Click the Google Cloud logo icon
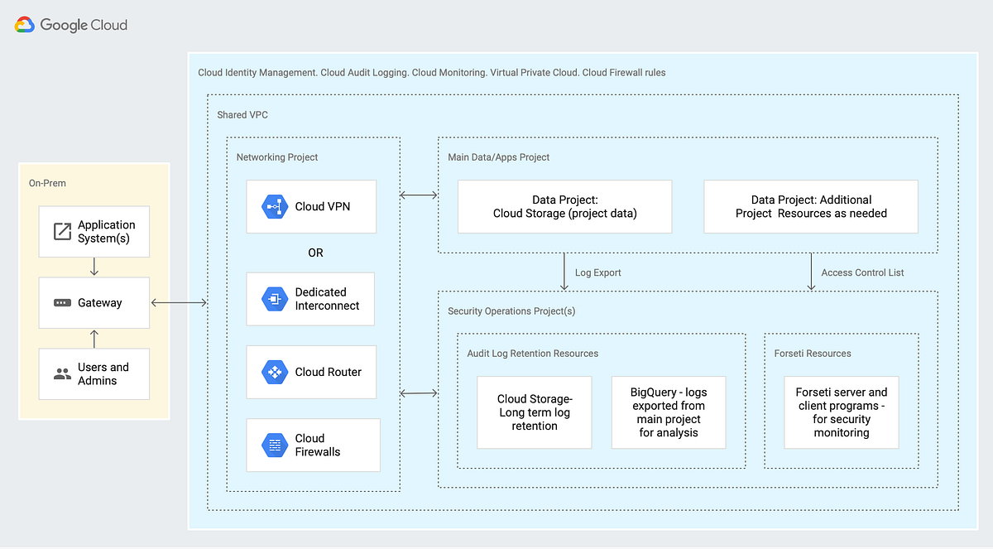point(25,25)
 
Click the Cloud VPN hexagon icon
point(274,206)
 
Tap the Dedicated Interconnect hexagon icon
point(274,299)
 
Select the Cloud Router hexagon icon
point(274,372)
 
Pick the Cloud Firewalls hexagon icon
point(274,445)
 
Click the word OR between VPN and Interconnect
point(315,253)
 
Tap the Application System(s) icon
point(62,232)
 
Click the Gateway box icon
point(62,303)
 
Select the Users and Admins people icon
point(62,374)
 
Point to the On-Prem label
point(47,183)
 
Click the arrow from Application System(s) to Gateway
point(94,267)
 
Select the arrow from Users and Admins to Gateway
point(94,338)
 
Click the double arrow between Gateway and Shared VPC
point(179,303)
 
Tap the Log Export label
point(597,272)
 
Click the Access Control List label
point(862,272)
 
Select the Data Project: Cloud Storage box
point(565,207)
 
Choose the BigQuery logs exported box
point(669,412)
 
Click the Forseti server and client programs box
point(841,412)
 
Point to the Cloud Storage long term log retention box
point(535,412)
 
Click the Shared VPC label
point(242,115)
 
